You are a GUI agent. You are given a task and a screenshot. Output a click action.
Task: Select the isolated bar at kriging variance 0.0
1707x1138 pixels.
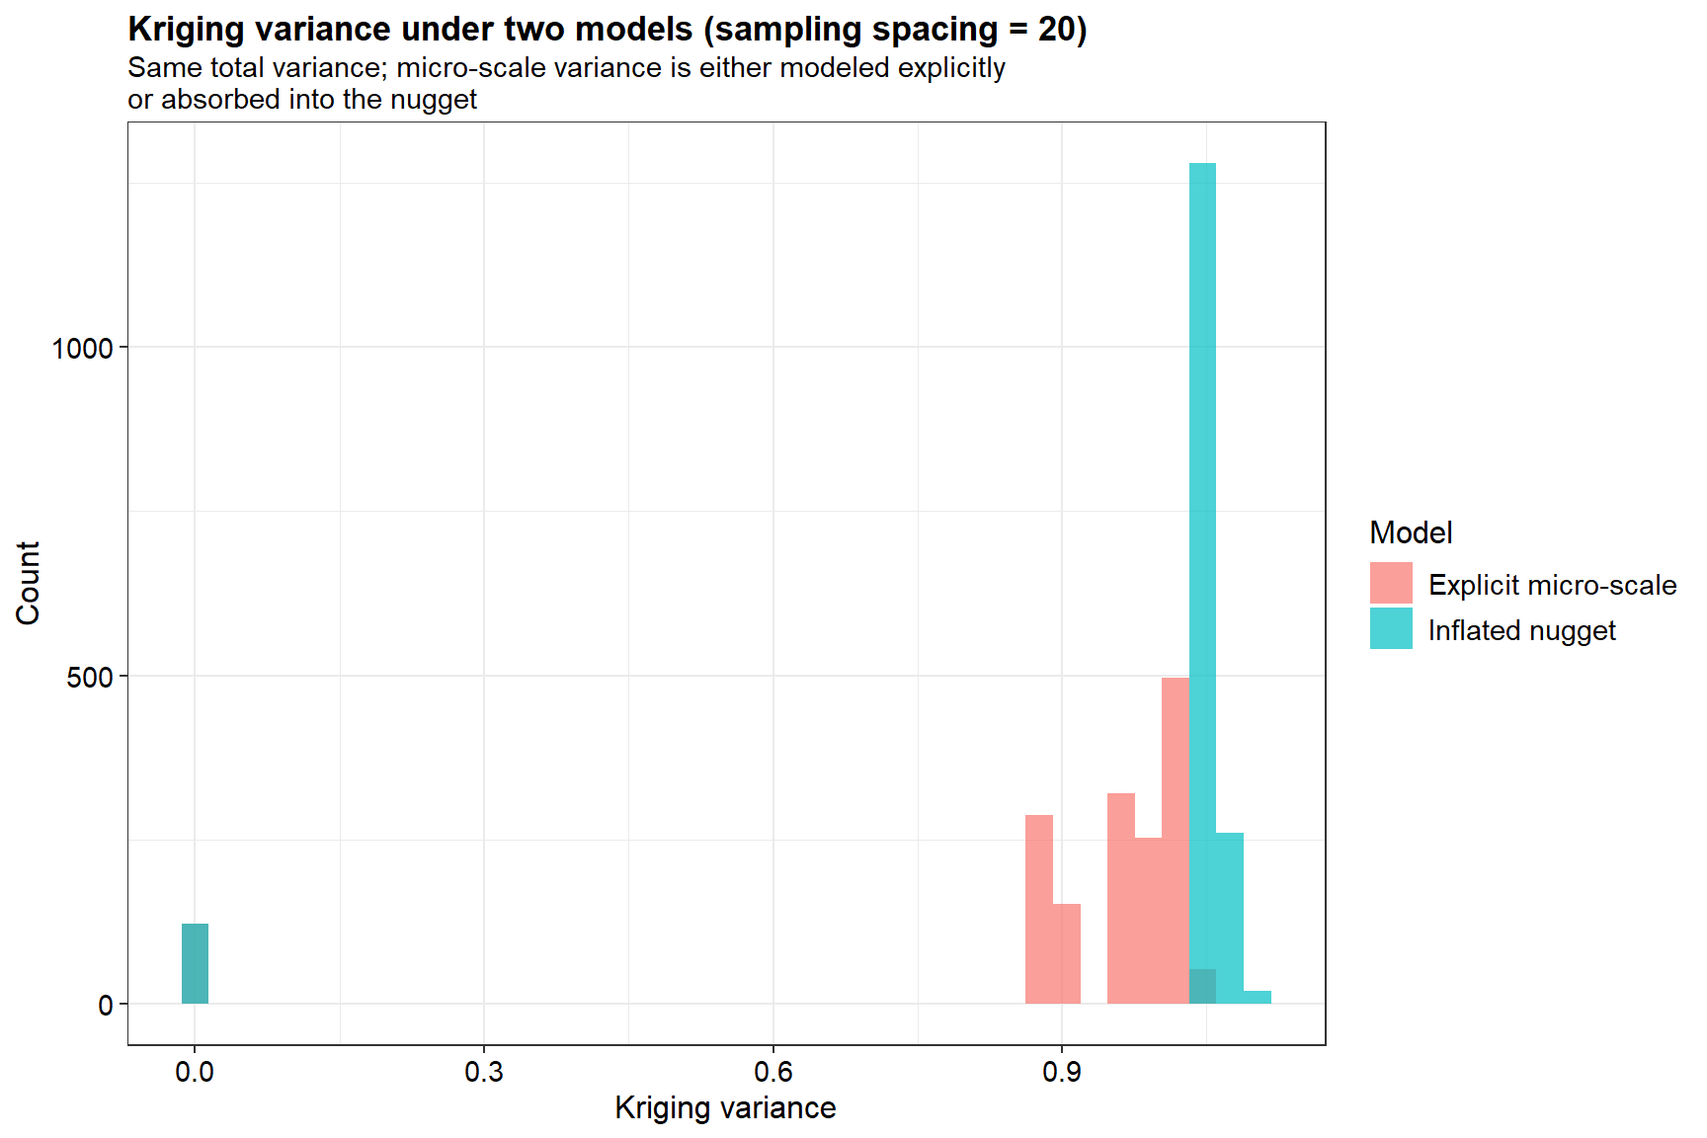[195, 963]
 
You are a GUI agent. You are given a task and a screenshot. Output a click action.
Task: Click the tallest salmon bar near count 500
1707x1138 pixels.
[1175, 840]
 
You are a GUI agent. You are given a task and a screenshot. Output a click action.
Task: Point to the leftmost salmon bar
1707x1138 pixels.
[1038, 909]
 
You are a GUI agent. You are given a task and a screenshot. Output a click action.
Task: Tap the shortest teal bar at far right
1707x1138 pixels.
[1257, 997]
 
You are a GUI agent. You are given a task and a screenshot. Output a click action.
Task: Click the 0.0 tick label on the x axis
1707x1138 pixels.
[195, 1072]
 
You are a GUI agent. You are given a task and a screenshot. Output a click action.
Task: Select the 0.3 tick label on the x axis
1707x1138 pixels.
[483, 1072]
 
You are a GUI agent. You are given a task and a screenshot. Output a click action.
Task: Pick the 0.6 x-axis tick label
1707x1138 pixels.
[772, 1072]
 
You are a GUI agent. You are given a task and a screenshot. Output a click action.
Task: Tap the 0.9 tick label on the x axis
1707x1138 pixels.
[1062, 1072]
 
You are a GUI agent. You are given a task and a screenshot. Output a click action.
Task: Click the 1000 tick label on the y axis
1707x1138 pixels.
[82, 348]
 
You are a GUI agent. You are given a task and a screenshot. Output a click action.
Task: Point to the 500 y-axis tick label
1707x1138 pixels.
[89, 677]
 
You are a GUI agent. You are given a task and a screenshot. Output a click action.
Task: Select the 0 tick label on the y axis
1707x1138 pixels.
[106, 1006]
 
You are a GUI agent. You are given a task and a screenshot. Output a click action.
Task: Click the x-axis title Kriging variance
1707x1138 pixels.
[725, 1108]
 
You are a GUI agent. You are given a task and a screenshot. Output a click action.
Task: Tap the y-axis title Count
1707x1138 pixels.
[28, 583]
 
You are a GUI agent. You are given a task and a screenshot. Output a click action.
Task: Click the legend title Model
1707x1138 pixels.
[1411, 533]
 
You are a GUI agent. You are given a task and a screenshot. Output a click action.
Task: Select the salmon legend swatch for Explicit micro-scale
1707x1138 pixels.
[1391, 584]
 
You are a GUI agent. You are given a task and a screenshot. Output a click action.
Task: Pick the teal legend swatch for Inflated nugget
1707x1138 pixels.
[1391, 629]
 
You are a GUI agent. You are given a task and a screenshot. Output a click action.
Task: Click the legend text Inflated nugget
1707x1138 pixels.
[1521, 630]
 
